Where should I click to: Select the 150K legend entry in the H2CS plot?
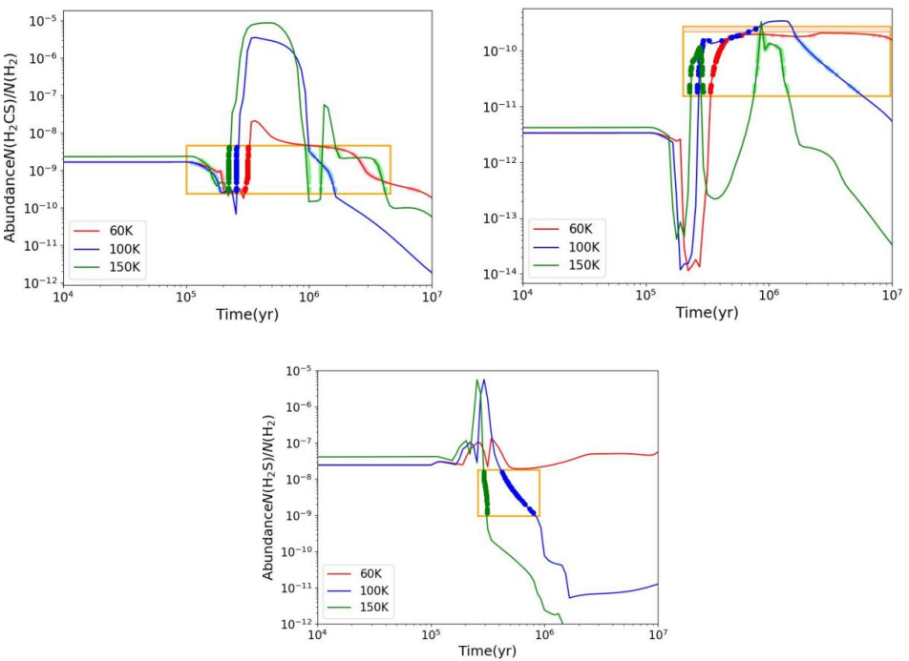116,262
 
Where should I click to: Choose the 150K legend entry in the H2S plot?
373,608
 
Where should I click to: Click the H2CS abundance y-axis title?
11,148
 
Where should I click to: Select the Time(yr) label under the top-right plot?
706,312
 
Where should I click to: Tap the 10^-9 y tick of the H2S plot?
299,515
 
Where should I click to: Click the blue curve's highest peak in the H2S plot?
484,380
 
